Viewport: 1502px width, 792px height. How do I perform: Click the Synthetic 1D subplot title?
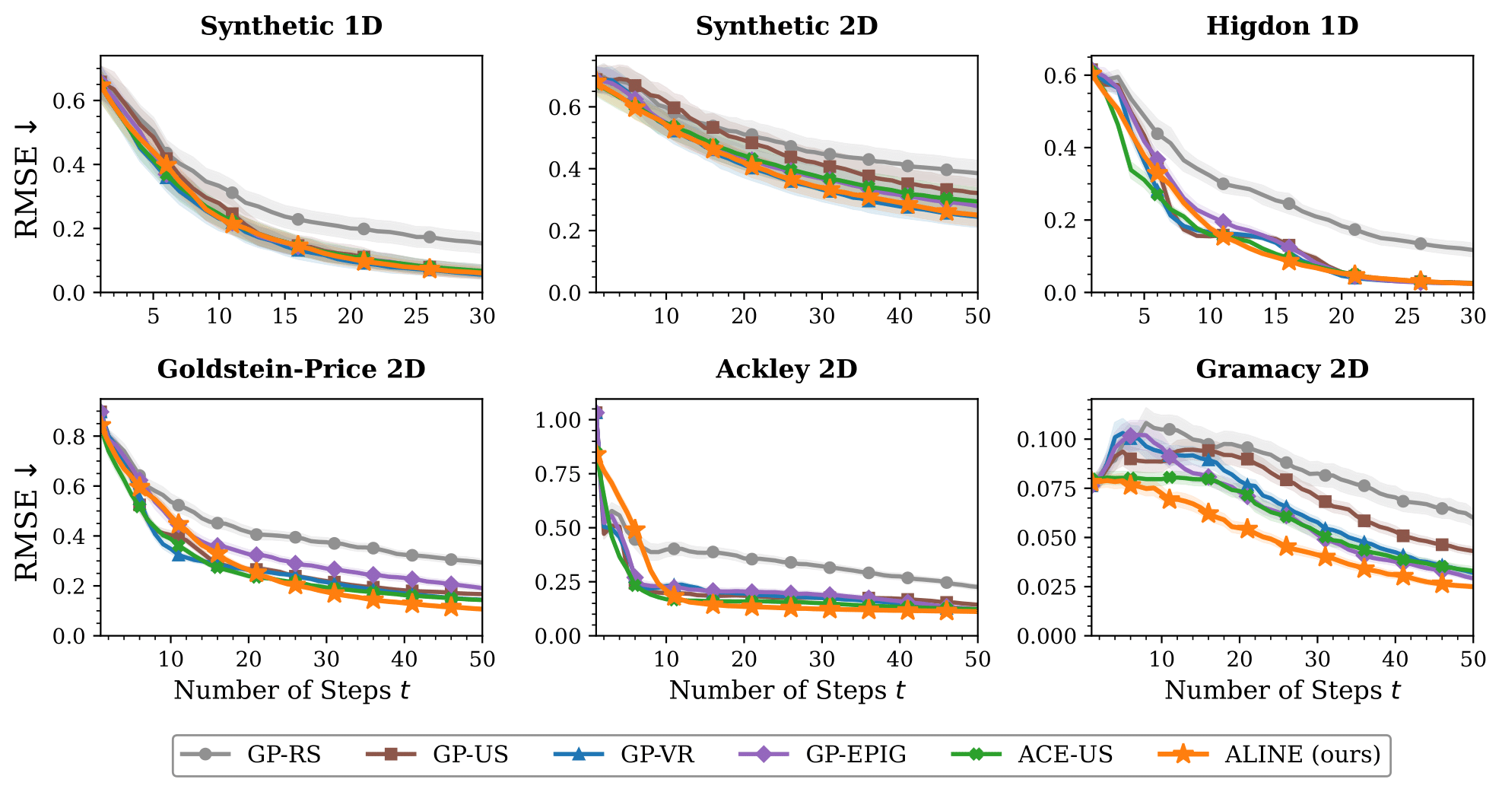coord(291,26)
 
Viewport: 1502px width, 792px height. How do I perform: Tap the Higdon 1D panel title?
coord(1282,26)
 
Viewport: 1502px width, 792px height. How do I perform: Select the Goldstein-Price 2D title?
coord(291,369)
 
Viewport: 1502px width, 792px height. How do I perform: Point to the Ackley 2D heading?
coord(786,369)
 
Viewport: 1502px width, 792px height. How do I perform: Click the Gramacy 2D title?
coord(1282,369)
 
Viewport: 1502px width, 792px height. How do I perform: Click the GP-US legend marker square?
coord(391,754)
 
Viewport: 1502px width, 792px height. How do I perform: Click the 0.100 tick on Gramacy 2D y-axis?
coord(1046,439)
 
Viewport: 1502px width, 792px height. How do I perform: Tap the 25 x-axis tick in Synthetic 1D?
coord(416,316)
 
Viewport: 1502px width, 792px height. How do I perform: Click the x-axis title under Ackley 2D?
coord(786,690)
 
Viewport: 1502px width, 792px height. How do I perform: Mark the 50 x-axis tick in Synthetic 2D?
coord(977,316)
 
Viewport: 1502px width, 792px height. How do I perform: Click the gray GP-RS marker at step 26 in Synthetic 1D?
coord(430,237)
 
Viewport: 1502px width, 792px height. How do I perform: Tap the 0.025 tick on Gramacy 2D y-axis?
coord(1046,587)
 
